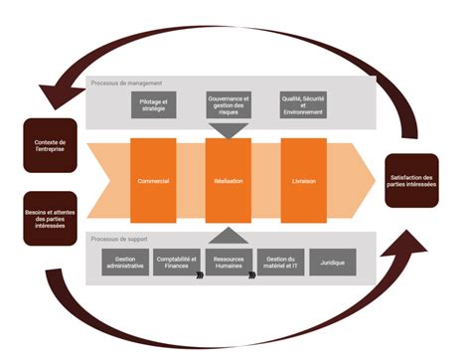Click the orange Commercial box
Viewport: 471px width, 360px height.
154,183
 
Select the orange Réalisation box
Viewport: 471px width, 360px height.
229,183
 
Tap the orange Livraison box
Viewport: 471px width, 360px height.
304,183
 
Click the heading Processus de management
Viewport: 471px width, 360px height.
126,83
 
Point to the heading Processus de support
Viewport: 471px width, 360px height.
120,241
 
